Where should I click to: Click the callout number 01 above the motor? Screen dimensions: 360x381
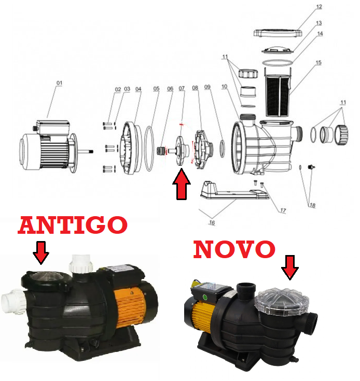[x=59, y=83]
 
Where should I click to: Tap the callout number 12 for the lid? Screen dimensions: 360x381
[x=319, y=7]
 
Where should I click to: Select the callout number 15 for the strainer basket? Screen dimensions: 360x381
[x=319, y=63]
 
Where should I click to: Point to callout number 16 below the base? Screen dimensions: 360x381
[x=212, y=222]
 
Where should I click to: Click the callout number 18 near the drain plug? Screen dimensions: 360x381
[x=312, y=205]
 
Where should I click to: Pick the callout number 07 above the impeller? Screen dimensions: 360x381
[x=182, y=89]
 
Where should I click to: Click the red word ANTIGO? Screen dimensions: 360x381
[x=73, y=225]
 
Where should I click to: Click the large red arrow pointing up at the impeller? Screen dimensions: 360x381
[x=182, y=184]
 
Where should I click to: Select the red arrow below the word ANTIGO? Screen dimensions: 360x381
[x=41, y=253]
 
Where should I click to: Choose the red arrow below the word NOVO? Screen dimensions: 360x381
[x=290, y=267]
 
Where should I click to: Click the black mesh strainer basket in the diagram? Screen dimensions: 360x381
[x=278, y=95]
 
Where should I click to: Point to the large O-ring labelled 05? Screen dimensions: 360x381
[x=149, y=149]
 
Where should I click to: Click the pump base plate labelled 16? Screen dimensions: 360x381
[x=234, y=192]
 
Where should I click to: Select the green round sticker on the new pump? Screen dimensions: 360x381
[x=205, y=297]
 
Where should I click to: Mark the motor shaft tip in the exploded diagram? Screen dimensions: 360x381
[x=92, y=152]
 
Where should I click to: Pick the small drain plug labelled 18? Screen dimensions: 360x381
[x=311, y=167]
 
